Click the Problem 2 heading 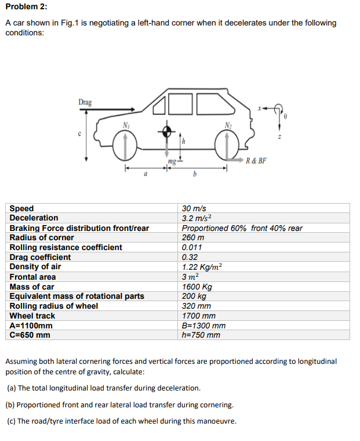pos(26,6)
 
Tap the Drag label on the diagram pos(85,102)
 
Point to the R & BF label pos(256,161)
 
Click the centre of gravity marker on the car pos(168,132)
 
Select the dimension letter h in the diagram pos(185,140)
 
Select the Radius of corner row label pos(42,237)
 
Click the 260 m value pos(192,237)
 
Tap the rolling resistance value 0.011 pos(192,247)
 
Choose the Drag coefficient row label pos(40,257)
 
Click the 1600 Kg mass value pos(197,287)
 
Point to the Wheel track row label pos(32,316)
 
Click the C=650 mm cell pos(30,335)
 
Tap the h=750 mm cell pos(201,335)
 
